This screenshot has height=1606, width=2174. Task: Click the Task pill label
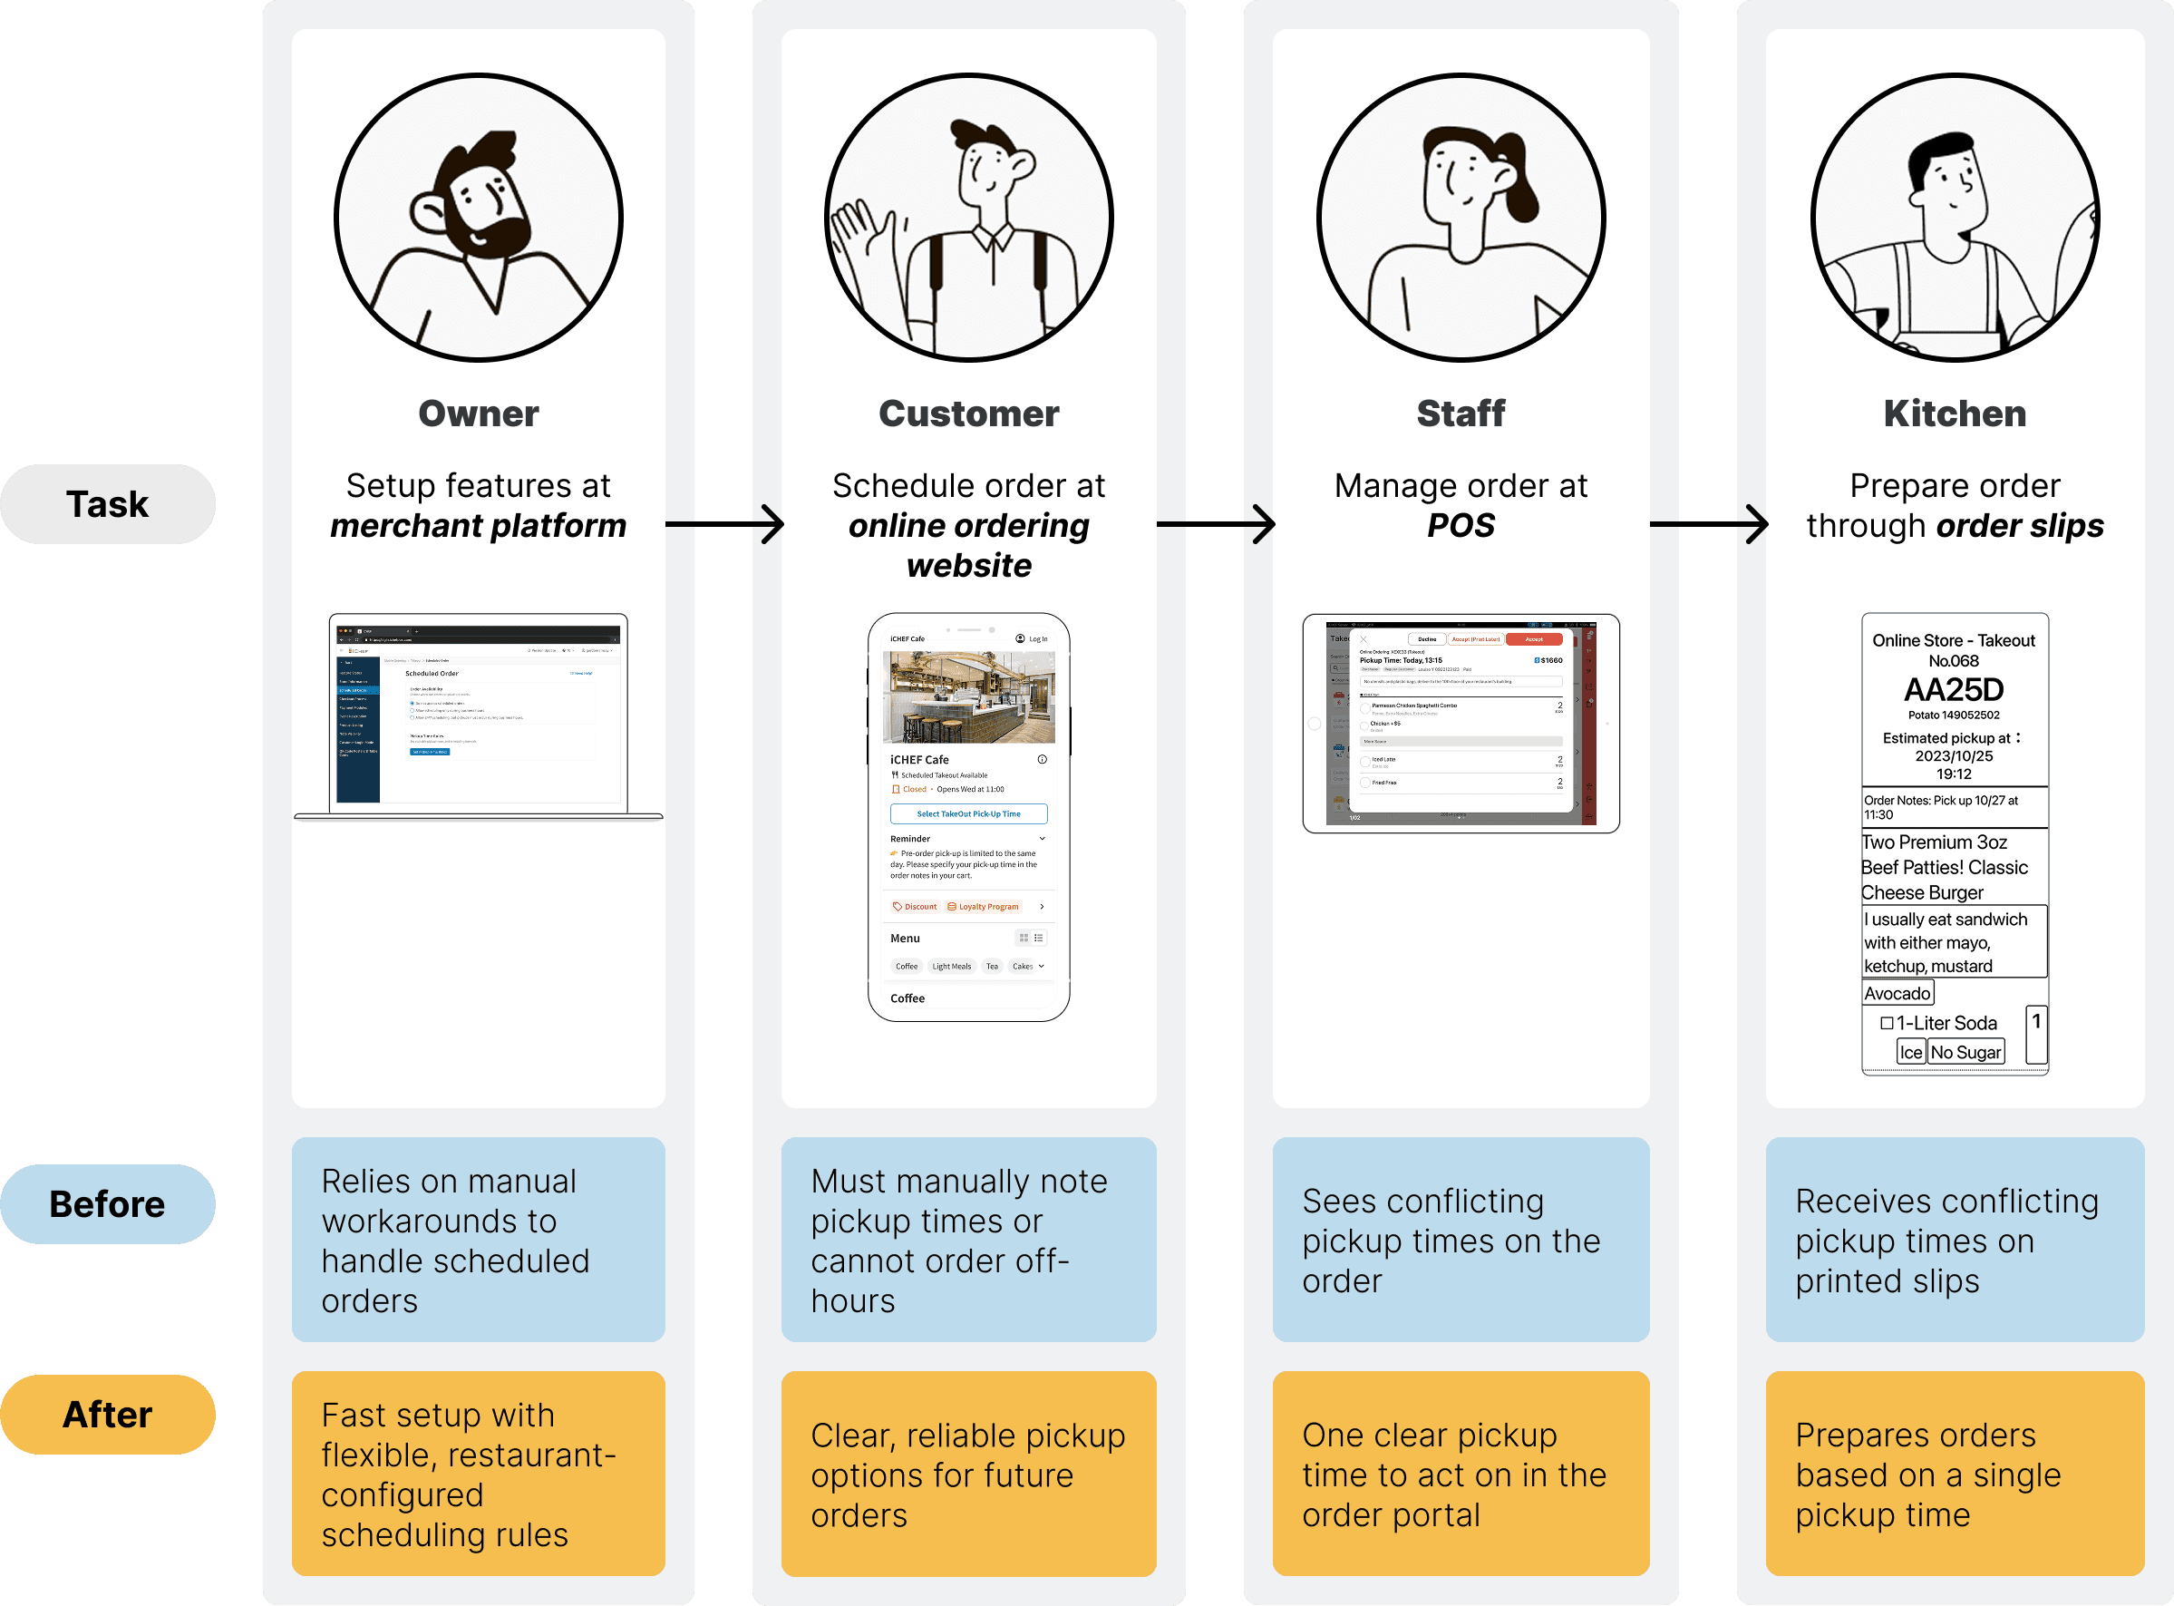(x=107, y=504)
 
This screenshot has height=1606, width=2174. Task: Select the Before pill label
(x=107, y=1203)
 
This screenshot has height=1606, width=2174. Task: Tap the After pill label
(x=107, y=1415)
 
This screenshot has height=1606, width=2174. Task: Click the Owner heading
(x=478, y=414)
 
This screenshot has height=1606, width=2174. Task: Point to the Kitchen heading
(x=1955, y=414)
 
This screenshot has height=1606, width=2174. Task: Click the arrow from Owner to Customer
(x=724, y=524)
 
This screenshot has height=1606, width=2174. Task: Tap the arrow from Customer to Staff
(x=1215, y=524)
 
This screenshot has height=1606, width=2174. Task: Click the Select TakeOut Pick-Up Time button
(x=968, y=813)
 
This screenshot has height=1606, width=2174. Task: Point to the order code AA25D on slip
(x=1954, y=689)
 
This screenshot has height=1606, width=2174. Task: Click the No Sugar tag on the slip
(x=1965, y=1052)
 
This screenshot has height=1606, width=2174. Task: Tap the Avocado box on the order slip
(x=1897, y=993)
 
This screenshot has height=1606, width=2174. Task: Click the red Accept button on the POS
(x=1534, y=638)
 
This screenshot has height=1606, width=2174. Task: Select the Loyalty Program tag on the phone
(x=983, y=906)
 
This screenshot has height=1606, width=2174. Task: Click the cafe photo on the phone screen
(x=968, y=696)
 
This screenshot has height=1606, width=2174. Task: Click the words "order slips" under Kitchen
(x=2020, y=526)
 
